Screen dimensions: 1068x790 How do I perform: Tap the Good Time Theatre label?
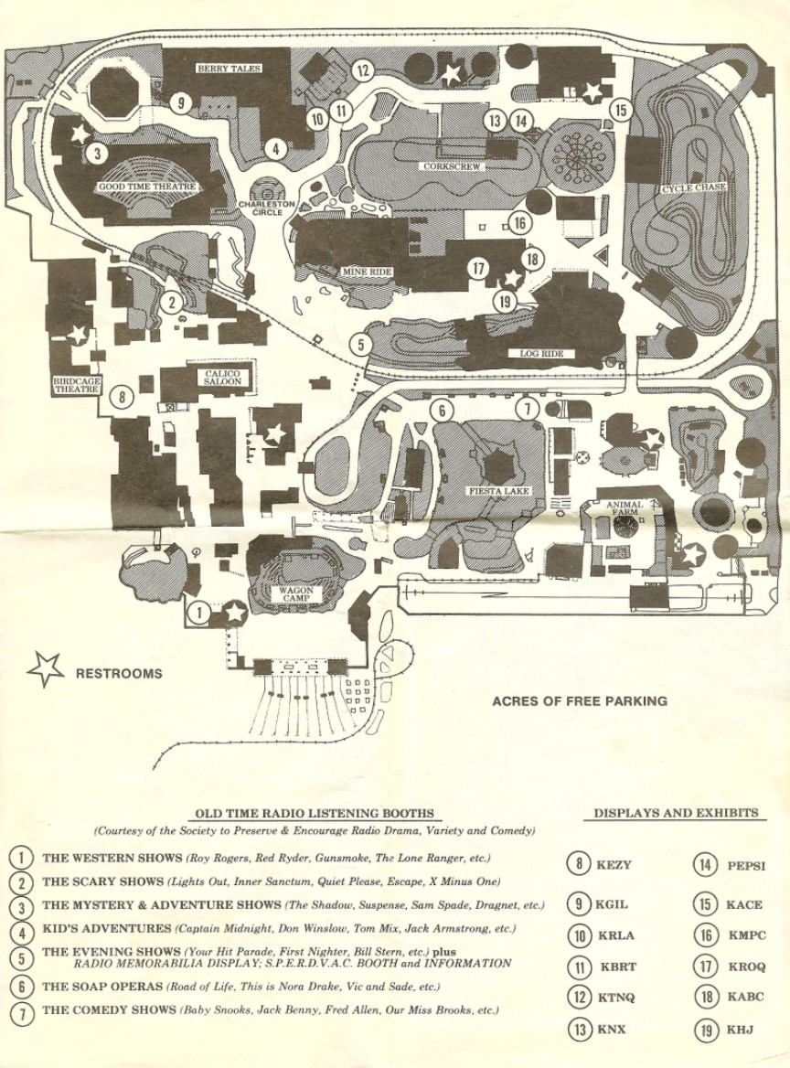[148, 187]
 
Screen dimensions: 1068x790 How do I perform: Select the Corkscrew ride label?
[452, 167]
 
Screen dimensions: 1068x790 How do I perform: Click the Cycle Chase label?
[695, 188]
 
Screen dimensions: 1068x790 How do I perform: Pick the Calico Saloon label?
[223, 377]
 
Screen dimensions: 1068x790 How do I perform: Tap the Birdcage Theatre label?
[76, 383]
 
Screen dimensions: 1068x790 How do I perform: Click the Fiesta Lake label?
[499, 491]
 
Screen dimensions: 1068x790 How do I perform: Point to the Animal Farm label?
[624, 509]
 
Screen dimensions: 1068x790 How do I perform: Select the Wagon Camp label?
[295, 594]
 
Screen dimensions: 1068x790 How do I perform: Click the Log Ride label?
[539, 354]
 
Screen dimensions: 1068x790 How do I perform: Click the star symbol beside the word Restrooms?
[46, 670]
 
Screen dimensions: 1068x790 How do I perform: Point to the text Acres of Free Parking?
[580, 701]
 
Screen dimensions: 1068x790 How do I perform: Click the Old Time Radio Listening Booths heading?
[315, 814]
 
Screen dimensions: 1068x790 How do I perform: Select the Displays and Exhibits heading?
[676, 813]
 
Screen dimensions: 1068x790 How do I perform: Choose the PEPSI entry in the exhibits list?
[746, 866]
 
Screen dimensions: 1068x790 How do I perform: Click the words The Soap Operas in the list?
[102, 987]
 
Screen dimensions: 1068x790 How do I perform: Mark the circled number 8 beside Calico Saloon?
[120, 398]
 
